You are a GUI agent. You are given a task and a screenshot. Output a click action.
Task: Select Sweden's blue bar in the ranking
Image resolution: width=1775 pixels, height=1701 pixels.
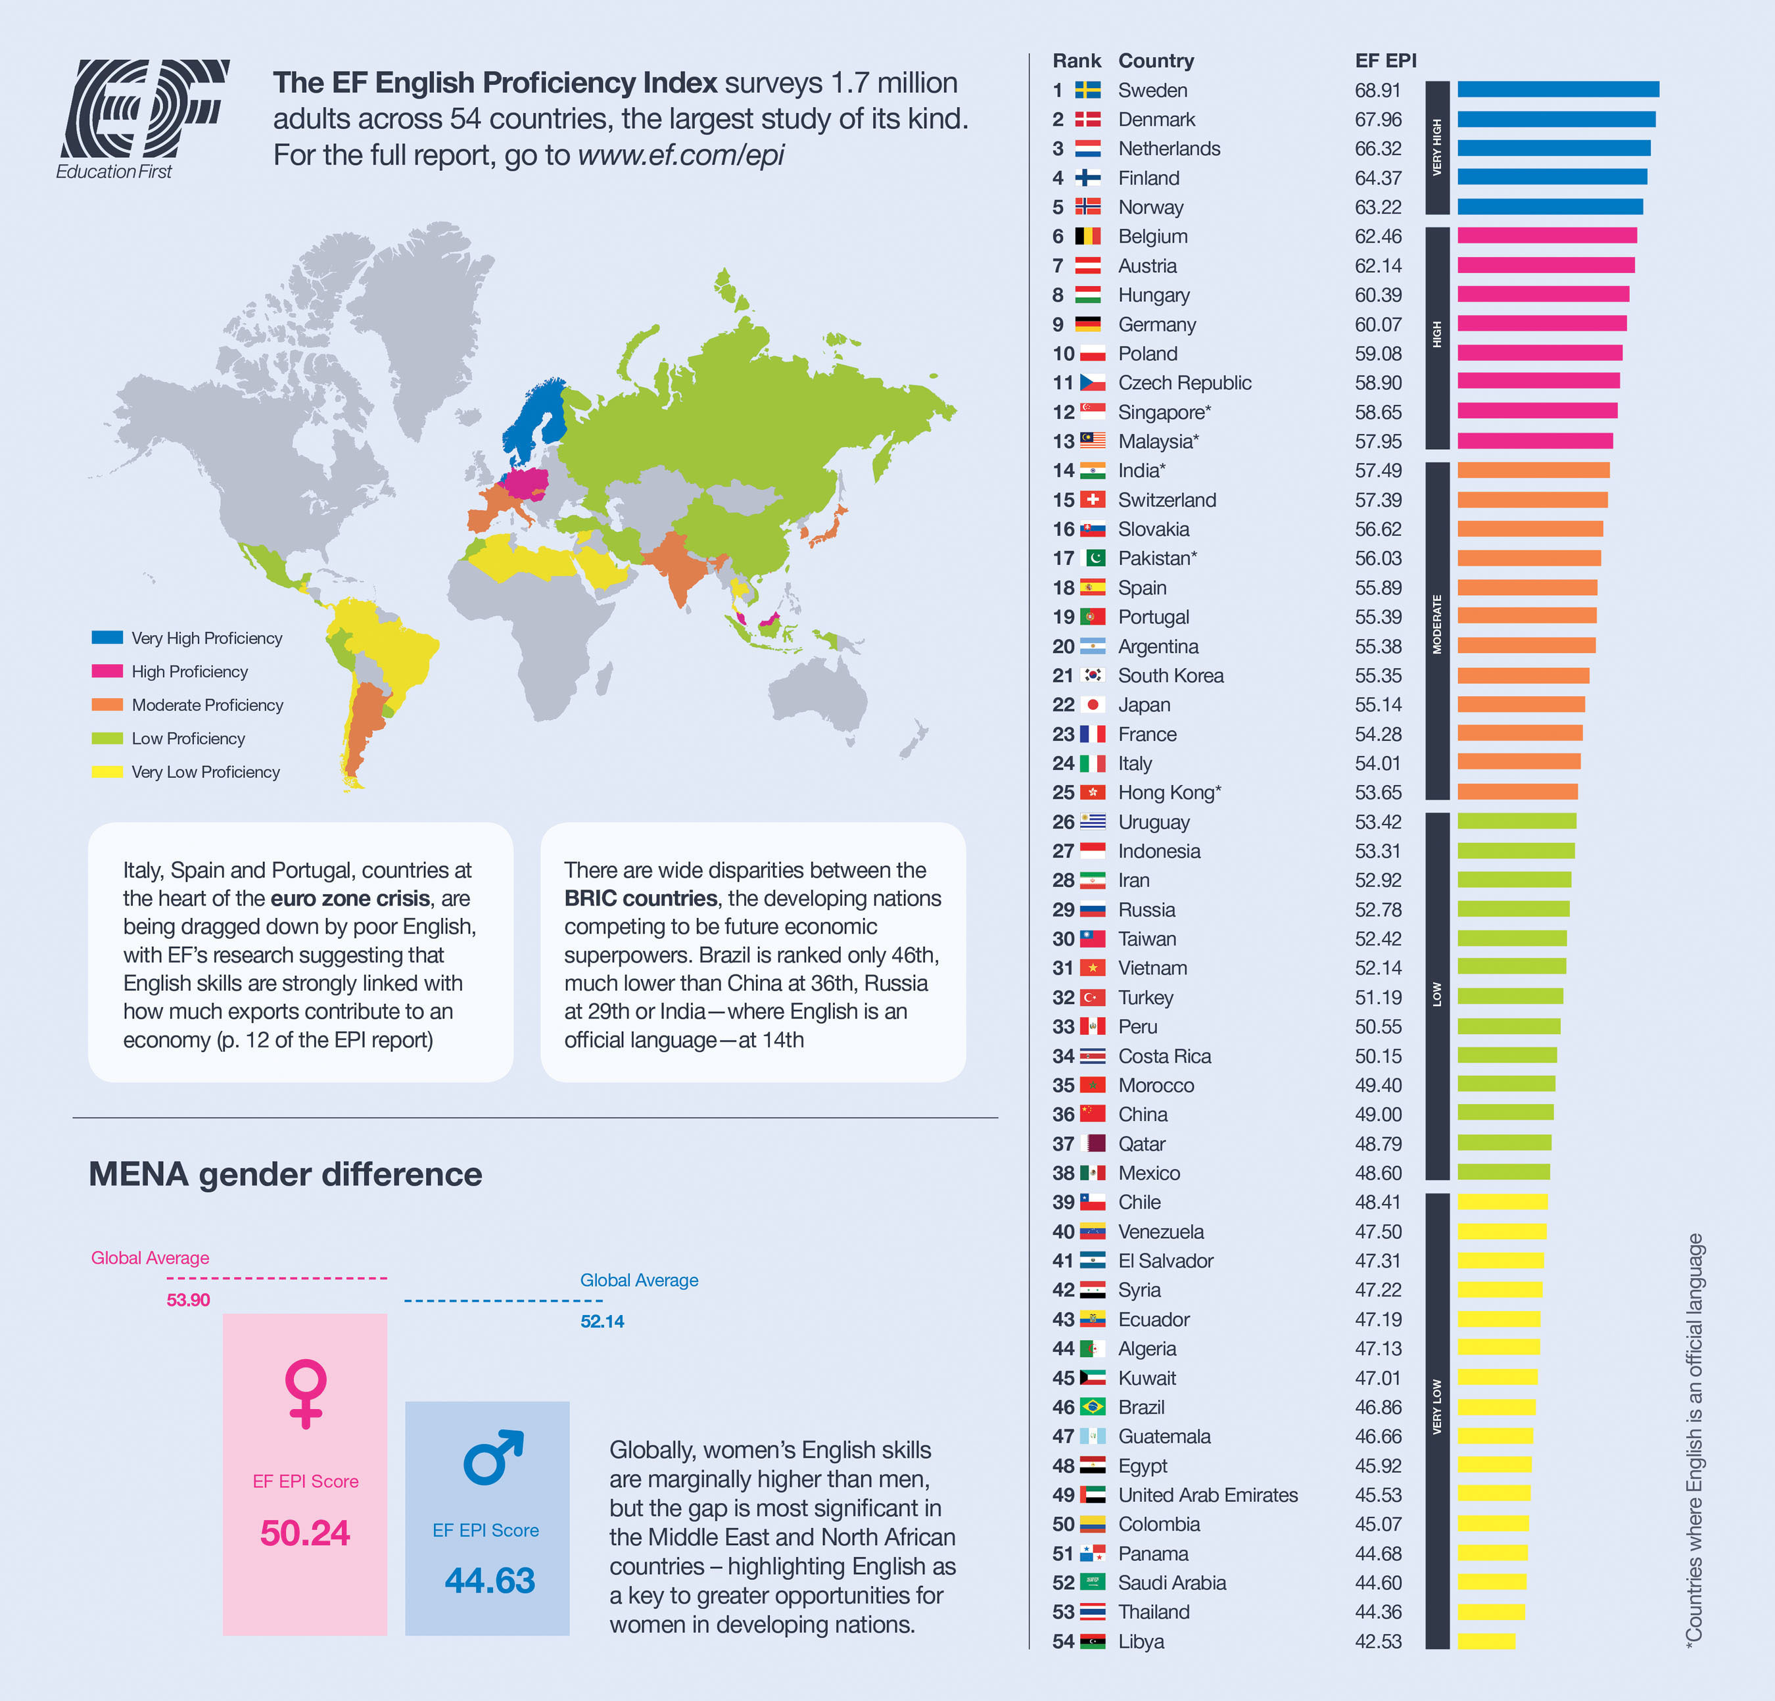pyautogui.click(x=1557, y=89)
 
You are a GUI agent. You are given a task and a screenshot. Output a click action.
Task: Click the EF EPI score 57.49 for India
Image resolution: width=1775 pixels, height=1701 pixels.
pyautogui.click(x=1377, y=471)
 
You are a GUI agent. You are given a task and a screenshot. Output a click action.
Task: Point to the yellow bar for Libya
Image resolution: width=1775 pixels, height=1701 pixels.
pyautogui.click(x=1485, y=1641)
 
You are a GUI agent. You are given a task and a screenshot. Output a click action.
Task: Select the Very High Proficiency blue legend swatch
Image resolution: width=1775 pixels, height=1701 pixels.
pyautogui.click(x=107, y=638)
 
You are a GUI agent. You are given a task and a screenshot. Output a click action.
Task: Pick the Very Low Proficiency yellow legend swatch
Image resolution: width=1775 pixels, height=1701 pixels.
pyautogui.click(x=107, y=772)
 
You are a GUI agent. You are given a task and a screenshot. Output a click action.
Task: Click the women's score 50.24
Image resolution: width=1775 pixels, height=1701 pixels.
pyautogui.click(x=305, y=1533)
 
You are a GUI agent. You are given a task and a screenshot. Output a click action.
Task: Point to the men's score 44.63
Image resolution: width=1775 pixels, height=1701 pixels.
pyautogui.click(x=489, y=1581)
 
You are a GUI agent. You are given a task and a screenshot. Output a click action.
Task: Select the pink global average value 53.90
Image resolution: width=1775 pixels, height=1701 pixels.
pyautogui.click(x=189, y=1300)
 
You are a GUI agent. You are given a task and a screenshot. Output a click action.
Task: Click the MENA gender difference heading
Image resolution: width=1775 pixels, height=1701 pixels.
pyautogui.click(x=285, y=1175)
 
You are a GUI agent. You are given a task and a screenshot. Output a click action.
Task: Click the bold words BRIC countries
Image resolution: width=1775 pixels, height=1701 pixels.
pyautogui.click(x=640, y=899)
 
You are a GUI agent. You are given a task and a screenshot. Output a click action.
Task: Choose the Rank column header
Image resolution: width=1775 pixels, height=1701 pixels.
pyautogui.click(x=1076, y=60)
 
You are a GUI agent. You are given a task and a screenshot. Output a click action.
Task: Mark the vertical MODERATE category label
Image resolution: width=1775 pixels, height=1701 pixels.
pyautogui.click(x=1436, y=624)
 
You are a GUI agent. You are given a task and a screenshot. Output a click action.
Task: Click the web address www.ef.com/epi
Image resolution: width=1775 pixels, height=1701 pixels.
pyautogui.click(x=680, y=155)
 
